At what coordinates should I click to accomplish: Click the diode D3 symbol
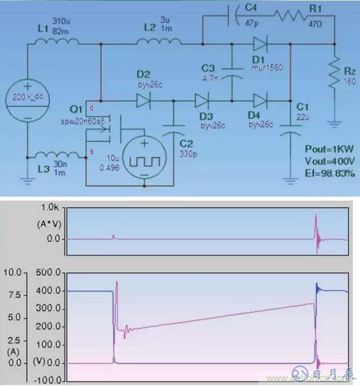[x=202, y=100]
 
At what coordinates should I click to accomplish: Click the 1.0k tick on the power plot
[x=52, y=207]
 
